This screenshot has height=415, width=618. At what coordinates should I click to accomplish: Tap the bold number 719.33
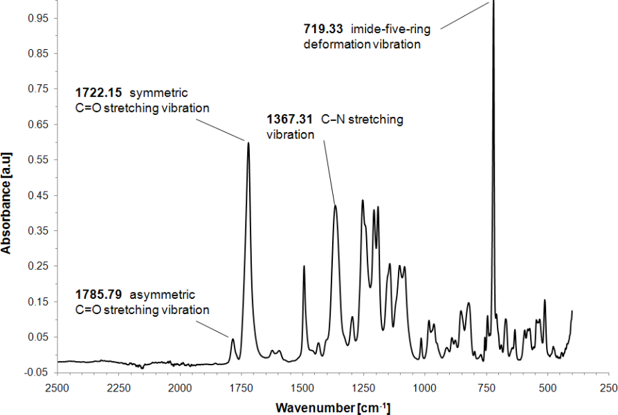tap(323, 29)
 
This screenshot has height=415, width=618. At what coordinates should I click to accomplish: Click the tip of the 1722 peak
tap(248, 143)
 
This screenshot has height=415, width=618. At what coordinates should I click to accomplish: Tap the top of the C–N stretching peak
tap(335, 205)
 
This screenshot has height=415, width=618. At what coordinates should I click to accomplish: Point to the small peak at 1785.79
tap(233, 339)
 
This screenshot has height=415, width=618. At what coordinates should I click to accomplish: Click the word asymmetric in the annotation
tap(165, 294)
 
